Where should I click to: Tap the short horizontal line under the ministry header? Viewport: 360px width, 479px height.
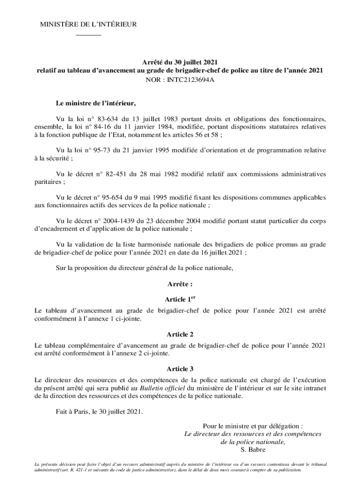pos(88,36)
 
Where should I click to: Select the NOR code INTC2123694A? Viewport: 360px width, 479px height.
pos(180,80)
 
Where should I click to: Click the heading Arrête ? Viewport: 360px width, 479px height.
pos(180,284)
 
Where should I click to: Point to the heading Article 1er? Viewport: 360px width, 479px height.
pos(180,299)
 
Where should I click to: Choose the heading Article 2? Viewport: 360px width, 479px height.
pos(180,334)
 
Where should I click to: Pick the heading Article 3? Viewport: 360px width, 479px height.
pos(180,370)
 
